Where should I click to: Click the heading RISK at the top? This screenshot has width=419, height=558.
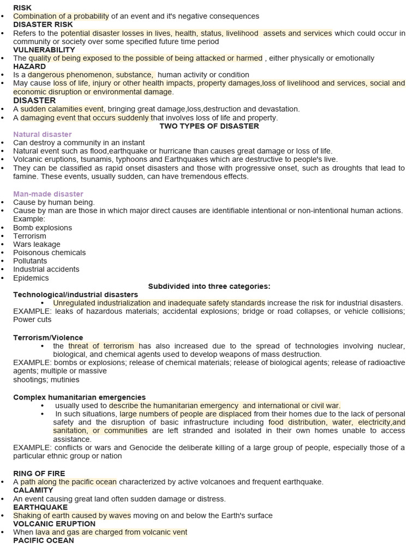point(22,8)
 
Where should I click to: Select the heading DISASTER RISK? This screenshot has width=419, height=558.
point(43,25)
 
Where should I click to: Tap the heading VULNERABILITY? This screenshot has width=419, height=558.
point(44,50)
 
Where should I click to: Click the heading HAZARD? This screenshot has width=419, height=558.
point(29,66)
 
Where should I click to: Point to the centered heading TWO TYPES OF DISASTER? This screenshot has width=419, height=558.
point(209,126)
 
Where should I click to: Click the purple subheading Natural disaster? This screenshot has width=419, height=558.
point(43,134)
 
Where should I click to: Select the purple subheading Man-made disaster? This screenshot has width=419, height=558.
point(48,194)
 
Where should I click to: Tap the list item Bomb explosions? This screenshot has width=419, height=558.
point(43,228)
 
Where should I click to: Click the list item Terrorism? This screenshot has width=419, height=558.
point(29,236)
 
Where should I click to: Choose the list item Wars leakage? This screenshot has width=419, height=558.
point(37,244)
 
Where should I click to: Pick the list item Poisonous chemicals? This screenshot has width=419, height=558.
point(49,252)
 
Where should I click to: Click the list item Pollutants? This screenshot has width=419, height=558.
point(30,261)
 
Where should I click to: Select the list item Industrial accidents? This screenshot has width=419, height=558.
point(46,269)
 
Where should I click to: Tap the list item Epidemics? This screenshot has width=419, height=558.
point(31,278)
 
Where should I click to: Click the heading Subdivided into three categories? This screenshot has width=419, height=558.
point(209,286)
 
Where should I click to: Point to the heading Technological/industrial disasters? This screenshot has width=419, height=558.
point(75,295)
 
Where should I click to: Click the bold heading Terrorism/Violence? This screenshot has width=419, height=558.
point(48,338)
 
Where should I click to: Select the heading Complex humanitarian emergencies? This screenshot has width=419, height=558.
point(79,397)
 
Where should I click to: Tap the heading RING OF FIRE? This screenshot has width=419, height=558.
point(39,474)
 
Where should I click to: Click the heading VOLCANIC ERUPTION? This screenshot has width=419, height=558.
point(54,524)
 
